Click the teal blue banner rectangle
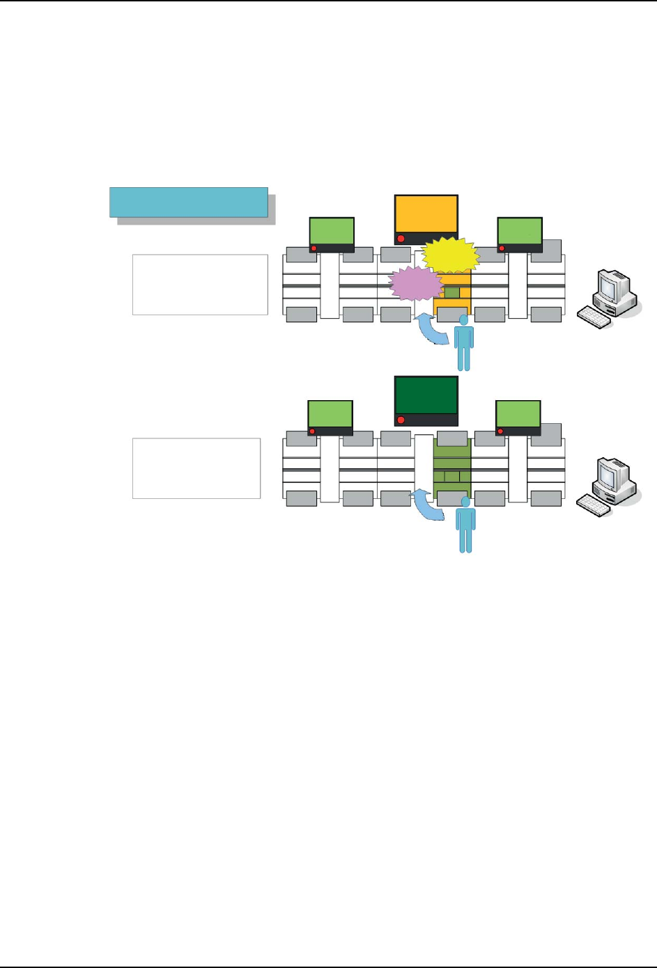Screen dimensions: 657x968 coord(188,202)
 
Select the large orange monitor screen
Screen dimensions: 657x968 coord(426,214)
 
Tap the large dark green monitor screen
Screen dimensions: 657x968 coord(426,395)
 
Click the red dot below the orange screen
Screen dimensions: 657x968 coord(401,239)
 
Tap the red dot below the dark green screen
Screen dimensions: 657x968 coord(401,420)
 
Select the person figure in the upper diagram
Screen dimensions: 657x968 coord(463,342)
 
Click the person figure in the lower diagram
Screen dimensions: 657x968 coord(465,525)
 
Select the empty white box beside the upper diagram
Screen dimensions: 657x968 coord(200,285)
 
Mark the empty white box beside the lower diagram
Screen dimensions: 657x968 coord(196,468)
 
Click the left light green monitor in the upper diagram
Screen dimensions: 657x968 coord(332,231)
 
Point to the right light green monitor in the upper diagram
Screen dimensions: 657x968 coord(520,231)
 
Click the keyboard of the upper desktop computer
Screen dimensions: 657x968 coord(594,317)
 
